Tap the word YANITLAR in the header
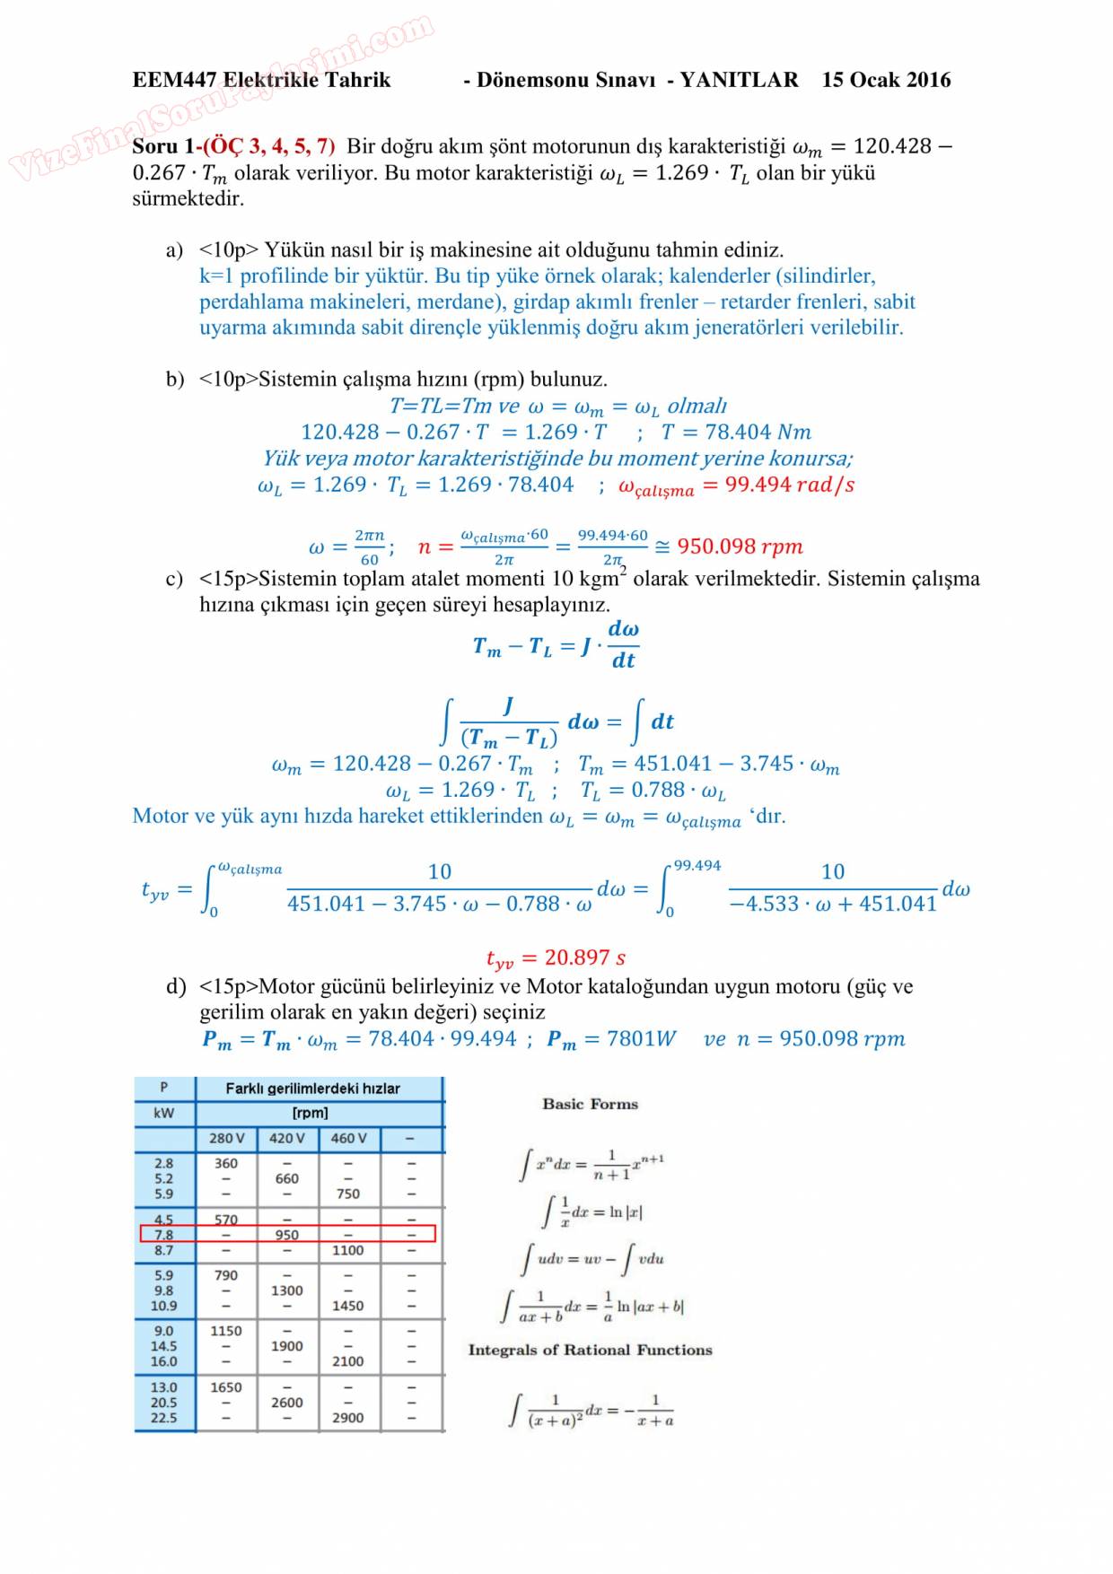739,80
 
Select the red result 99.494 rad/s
736,485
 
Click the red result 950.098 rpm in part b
740,547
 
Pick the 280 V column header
226,1138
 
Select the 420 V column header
287,1138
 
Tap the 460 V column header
348,1138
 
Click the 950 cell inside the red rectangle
287,1235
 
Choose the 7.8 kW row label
163,1235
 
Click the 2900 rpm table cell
348,1418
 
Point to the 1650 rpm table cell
226,1387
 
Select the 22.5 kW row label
163,1418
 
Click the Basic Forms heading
590,1104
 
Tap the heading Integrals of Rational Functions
590,1350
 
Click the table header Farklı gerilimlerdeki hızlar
312,1089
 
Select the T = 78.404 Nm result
736,433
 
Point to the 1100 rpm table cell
348,1250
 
